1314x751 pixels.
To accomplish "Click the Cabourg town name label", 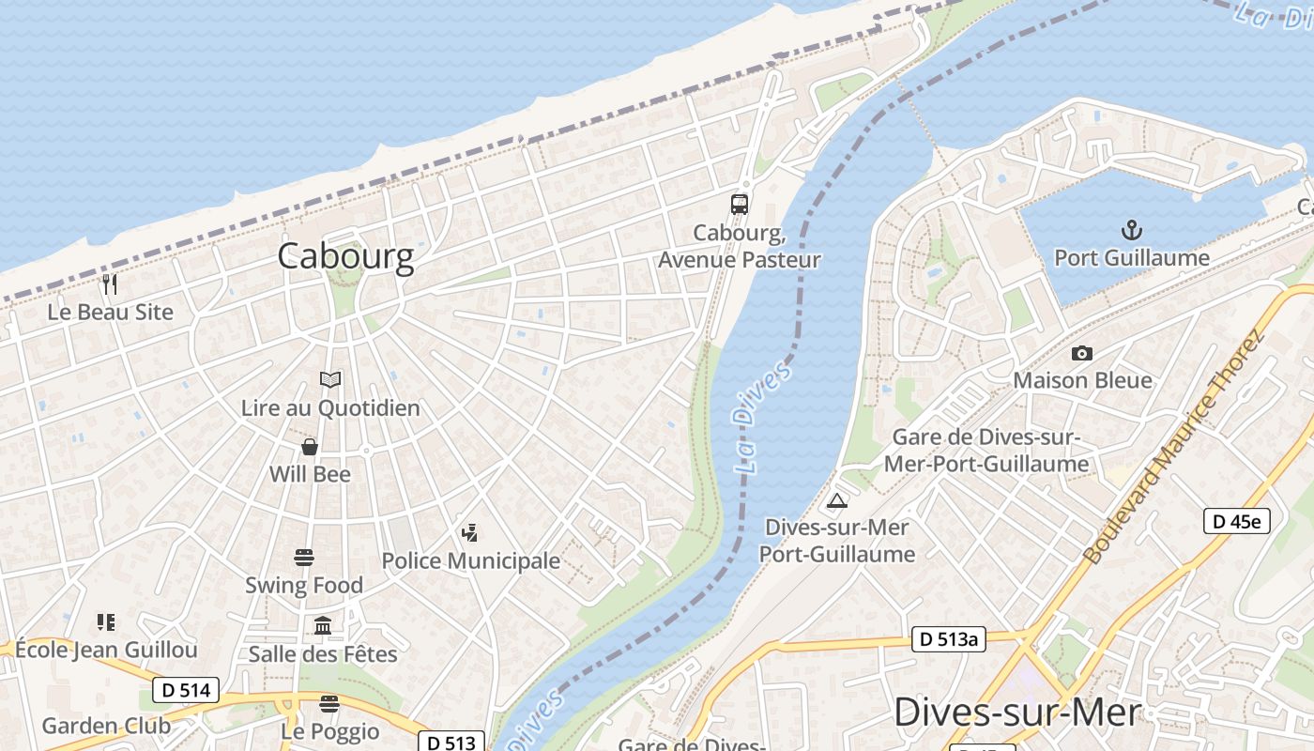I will point(345,256).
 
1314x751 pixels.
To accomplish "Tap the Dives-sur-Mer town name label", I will point(1017,713).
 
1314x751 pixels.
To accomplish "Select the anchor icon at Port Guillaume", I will point(1131,230).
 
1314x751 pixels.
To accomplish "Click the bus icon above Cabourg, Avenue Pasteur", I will point(740,205).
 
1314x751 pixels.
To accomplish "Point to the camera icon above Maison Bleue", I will point(1082,353).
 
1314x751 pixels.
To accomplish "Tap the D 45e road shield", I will point(1236,521).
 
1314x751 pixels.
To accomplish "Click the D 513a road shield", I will point(949,640).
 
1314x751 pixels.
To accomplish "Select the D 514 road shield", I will point(186,690).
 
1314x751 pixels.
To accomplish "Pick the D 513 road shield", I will point(451,742).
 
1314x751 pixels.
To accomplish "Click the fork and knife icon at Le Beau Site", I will point(111,284).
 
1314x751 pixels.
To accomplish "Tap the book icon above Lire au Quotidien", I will point(330,379).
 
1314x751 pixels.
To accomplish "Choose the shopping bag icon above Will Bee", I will point(310,447).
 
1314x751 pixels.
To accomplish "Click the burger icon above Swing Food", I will point(304,558).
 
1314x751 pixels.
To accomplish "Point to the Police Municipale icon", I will point(470,533).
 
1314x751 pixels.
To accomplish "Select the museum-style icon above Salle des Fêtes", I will point(323,625).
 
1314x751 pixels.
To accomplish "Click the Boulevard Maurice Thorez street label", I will point(1173,446).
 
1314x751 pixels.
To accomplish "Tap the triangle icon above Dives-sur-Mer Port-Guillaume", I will point(837,499).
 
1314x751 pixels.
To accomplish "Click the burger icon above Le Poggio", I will point(328,703).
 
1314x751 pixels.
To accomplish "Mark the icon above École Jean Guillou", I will point(106,621).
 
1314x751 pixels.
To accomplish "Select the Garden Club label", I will point(106,726).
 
